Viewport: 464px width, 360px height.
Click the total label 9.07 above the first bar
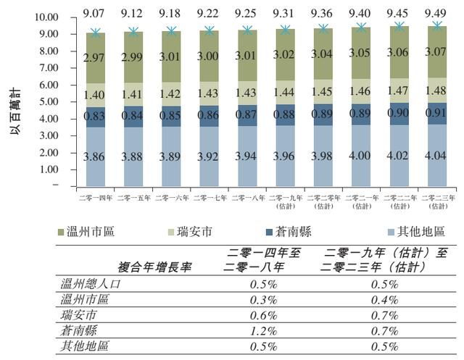[95, 13]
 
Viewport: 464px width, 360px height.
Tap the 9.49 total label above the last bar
[437, 13]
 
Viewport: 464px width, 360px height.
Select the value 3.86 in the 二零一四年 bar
[95, 156]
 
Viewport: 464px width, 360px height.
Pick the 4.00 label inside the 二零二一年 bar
[361, 155]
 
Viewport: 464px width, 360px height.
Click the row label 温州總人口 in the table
[92, 284]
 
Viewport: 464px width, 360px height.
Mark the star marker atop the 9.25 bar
[247, 30]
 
